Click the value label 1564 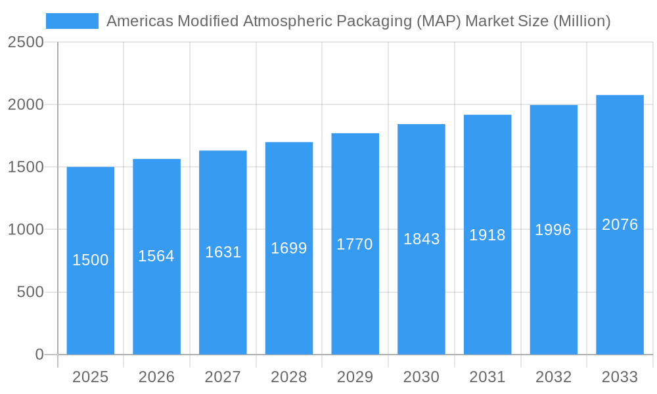[156, 256]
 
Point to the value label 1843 [421, 239]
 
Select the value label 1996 [553, 230]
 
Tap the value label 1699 [289, 248]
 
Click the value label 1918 [487, 235]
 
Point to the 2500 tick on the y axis [26, 43]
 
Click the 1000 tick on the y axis [26, 230]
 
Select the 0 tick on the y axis [39, 355]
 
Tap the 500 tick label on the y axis [30, 292]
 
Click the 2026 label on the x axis [156, 377]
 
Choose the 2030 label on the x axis [421, 377]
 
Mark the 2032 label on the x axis [553, 377]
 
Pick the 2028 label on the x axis [289, 377]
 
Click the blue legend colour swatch [72, 21]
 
